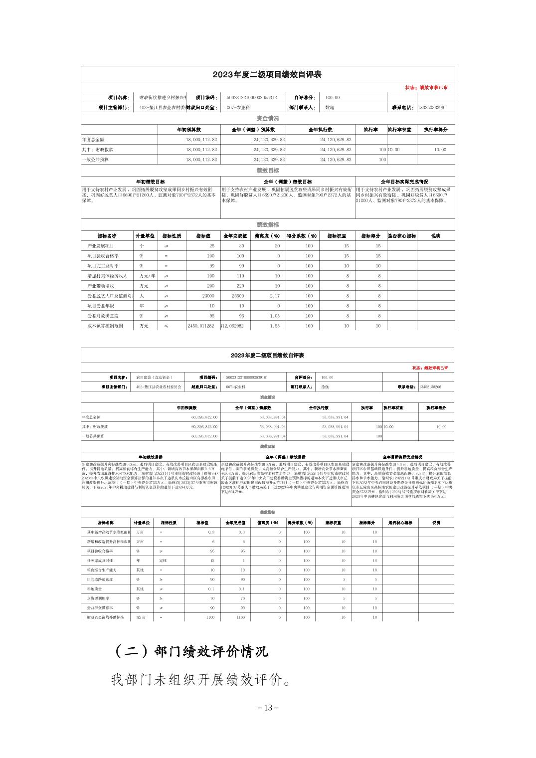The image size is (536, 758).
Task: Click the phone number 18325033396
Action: point(431,108)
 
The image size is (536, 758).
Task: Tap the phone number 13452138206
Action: point(430,387)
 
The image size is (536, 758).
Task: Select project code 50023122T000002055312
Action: point(251,98)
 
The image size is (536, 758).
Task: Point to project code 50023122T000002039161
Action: point(247,378)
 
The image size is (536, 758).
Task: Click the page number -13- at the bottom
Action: point(268,708)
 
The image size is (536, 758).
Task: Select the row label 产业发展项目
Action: point(101,246)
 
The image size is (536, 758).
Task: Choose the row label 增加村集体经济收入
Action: point(107,276)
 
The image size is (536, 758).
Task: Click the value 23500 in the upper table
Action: point(238,296)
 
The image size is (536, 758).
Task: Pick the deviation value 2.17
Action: point(275,296)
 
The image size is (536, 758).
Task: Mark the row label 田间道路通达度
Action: point(100,579)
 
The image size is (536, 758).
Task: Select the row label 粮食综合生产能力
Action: point(102,570)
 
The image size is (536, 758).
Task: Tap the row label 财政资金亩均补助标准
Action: point(105,617)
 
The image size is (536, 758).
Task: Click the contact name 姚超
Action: point(330,108)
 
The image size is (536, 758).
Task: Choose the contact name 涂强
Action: point(325,387)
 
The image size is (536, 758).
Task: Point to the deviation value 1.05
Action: point(275,316)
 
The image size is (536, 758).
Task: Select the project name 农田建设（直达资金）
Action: point(152,378)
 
